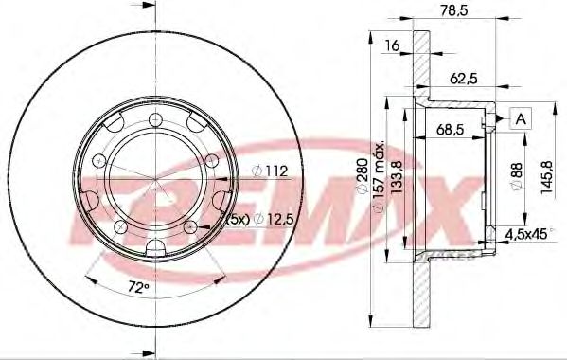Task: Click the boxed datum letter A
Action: click(519, 117)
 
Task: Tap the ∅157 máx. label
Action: click(379, 180)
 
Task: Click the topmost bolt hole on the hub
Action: click(153, 118)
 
